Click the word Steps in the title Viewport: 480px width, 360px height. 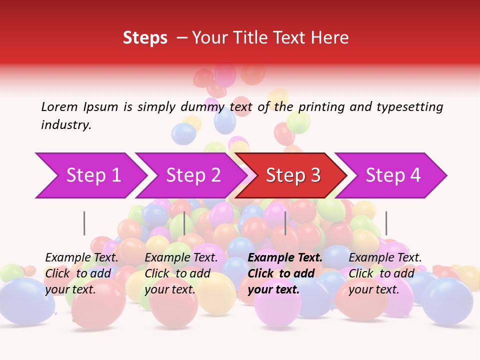coord(145,38)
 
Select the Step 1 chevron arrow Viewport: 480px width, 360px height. coord(90,175)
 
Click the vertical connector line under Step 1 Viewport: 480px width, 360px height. coord(84,223)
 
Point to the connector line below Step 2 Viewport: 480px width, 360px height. coord(184,223)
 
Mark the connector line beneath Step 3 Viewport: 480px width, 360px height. coord(285,223)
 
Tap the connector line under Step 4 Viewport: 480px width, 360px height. coord(386,223)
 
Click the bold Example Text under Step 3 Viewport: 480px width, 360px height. coord(285,258)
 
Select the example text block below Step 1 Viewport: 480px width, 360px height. coord(81,273)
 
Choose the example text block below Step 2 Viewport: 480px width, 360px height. coord(181,273)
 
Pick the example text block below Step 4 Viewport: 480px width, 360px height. coord(385,273)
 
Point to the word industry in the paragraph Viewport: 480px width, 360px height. coord(66,125)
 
